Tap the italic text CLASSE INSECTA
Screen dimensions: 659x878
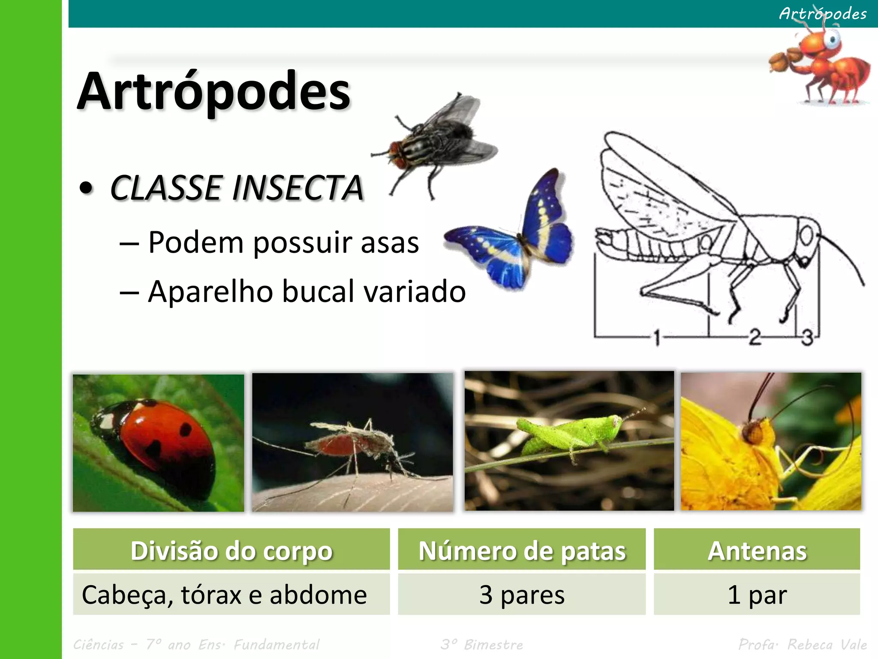point(237,188)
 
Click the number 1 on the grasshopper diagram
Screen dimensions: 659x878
point(656,337)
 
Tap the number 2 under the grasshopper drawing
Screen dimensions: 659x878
point(755,336)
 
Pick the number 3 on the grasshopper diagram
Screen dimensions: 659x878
point(807,337)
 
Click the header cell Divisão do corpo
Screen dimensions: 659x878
point(232,550)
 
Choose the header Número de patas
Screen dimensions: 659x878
point(522,550)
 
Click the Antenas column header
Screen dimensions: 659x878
point(757,550)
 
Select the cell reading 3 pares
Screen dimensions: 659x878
point(522,595)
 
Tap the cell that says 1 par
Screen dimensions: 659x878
point(757,595)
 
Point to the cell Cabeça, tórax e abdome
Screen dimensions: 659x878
point(224,595)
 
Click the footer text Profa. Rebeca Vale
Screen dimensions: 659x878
point(802,644)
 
